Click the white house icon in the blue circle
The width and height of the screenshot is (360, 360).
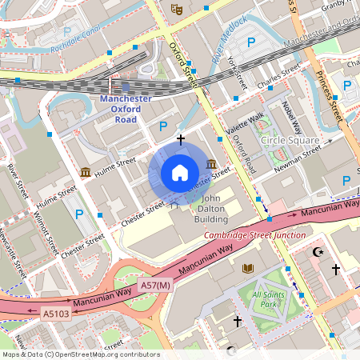[x=180, y=172]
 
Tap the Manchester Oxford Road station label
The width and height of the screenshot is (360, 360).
[x=126, y=109]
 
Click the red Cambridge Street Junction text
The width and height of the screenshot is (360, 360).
[x=254, y=235]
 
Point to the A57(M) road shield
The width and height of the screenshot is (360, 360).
[x=155, y=285]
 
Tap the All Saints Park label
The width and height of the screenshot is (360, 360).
[x=268, y=300]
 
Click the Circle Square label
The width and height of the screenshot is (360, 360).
[x=289, y=141]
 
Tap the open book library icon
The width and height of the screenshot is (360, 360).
[x=248, y=267]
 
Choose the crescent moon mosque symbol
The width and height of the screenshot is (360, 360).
[x=319, y=252]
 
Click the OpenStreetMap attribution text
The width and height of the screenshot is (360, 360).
[x=80, y=354]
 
